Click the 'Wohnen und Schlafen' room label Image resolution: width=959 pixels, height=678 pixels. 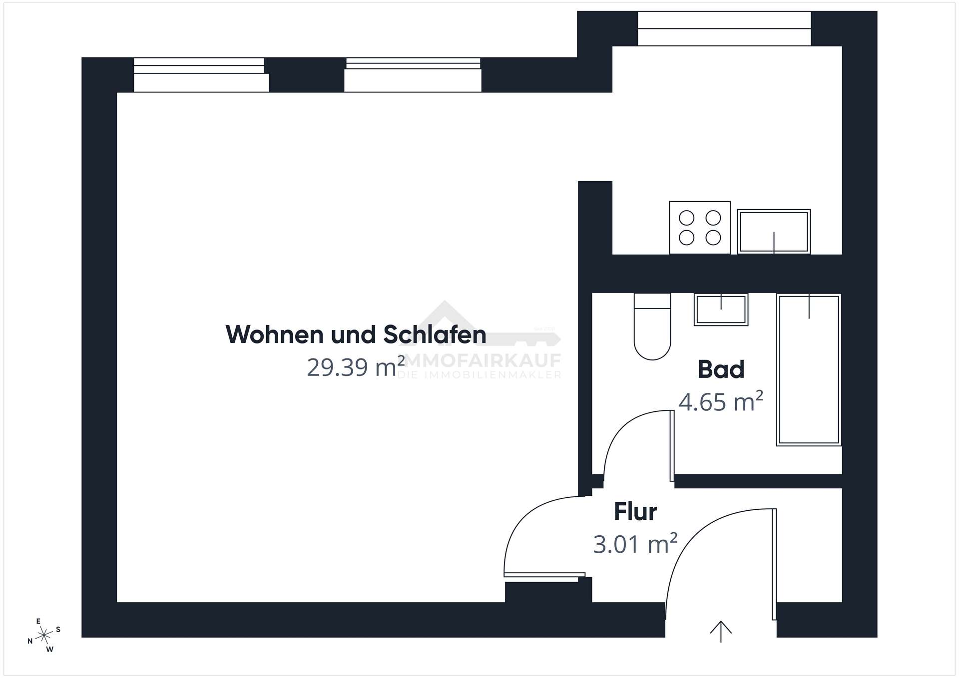click(356, 335)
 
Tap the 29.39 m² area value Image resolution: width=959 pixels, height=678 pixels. click(356, 367)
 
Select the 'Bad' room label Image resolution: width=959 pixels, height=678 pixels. click(721, 369)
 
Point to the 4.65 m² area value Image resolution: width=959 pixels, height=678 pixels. click(721, 401)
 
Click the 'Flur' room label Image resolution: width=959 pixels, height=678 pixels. click(635, 512)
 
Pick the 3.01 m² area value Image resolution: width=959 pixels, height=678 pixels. click(635, 544)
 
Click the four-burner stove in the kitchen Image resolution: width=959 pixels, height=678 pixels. click(700, 227)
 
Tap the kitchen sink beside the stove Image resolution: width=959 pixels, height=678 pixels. click(774, 232)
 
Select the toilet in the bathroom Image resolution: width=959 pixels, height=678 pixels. click(652, 327)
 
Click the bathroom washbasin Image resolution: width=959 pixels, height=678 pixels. click(721, 310)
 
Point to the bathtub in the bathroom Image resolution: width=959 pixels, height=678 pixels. click(809, 369)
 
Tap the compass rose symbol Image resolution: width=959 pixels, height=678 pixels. click(44, 635)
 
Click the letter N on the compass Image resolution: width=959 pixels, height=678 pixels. click(30, 641)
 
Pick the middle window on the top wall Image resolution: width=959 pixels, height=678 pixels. click(413, 75)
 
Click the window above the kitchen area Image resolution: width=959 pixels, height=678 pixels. click(724, 28)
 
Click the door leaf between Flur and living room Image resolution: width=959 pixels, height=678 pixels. click(544, 575)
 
